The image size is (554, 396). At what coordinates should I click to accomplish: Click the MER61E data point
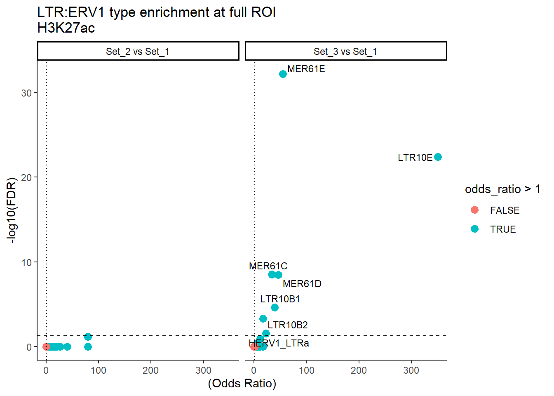tap(283, 74)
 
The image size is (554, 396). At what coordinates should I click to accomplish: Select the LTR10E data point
tap(438, 157)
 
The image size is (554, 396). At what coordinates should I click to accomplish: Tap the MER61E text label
tap(306, 69)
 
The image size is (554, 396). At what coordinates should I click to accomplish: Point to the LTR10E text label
tap(415, 158)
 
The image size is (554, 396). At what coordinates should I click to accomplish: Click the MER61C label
tap(268, 266)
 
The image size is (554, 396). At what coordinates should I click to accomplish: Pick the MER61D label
tap(302, 284)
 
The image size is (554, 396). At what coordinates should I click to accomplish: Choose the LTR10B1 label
tap(280, 299)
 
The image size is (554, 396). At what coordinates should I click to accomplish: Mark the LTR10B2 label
tap(287, 325)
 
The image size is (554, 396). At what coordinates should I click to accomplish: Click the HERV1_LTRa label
tap(279, 343)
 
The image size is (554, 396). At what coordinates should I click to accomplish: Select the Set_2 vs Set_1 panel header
tap(138, 52)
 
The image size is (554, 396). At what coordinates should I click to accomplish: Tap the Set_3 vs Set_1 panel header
tap(345, 52)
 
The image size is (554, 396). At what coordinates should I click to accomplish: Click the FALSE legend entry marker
tap(474, 210)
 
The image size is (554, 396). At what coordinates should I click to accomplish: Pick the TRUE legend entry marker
tap(474, 229)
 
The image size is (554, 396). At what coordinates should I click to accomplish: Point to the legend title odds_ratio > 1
tap(502, 189)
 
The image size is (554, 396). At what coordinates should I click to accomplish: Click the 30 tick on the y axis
tap(26, 93)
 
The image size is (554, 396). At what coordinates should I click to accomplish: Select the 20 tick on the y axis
tap(26, 178)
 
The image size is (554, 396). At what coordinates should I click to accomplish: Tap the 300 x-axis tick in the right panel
tap(411, 370)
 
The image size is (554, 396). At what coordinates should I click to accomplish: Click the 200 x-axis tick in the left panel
tap(150, 370)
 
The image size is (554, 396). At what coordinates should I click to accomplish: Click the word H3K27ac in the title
tap(66, 28)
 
